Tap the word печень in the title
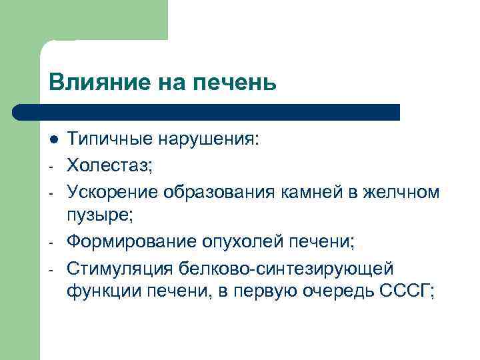[x=233, y=84]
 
